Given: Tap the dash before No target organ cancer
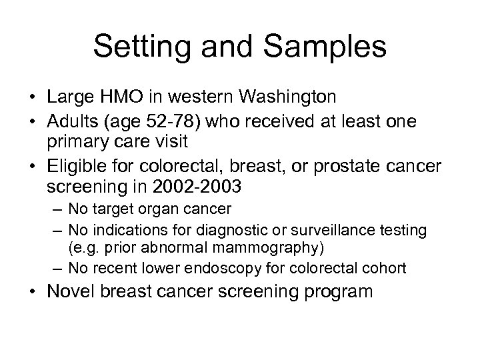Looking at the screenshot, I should coord(57,209).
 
